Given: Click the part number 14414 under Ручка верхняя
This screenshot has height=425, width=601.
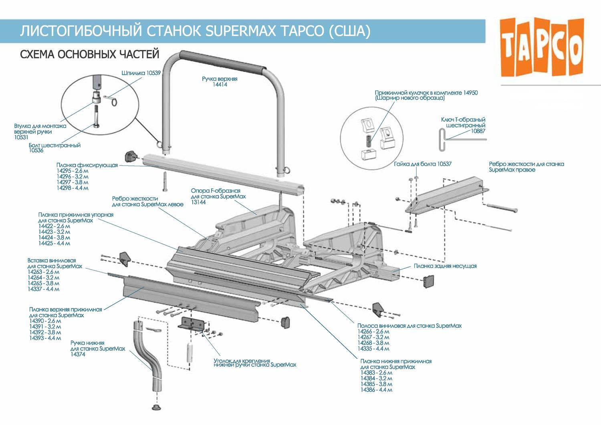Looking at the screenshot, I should pos(220,85).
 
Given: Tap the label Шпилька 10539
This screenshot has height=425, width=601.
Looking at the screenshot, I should pos(141,73).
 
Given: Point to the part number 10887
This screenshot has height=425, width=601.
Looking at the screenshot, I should pos(478,131).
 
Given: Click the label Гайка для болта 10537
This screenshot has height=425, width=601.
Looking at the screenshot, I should pos(422,164).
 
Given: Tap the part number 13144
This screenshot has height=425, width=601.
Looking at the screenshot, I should pos(198,202).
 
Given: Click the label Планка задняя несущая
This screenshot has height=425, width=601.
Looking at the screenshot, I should pos(445,266).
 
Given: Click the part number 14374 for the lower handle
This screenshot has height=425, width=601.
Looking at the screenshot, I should pos(78,355).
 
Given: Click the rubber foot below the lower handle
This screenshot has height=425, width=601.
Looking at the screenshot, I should pos(156,407).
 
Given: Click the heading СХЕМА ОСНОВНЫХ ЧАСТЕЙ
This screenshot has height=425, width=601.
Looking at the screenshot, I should pos(90,54).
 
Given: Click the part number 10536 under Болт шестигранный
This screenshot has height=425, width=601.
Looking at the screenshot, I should pos(36,151).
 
